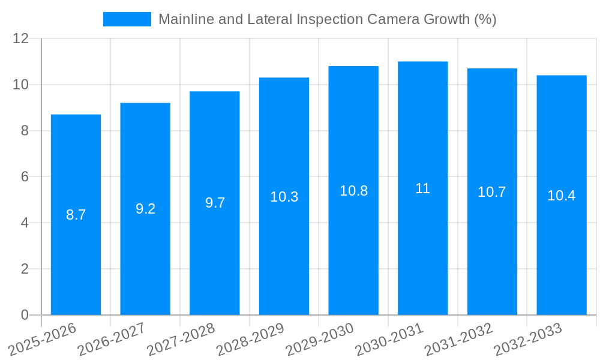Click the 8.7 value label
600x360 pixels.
(76, 215)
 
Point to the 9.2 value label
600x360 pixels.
(145, 209)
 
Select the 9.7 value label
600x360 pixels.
(215, 203)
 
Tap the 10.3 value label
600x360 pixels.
(284, 196)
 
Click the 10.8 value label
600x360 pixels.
(353, 191)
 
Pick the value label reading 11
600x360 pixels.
(422, 188)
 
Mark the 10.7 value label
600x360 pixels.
(492, 192)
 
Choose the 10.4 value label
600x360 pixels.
(562, 196)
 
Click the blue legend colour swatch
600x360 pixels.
(127, 19)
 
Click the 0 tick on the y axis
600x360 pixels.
(25, 315)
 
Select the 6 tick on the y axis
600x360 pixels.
(25, 177)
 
